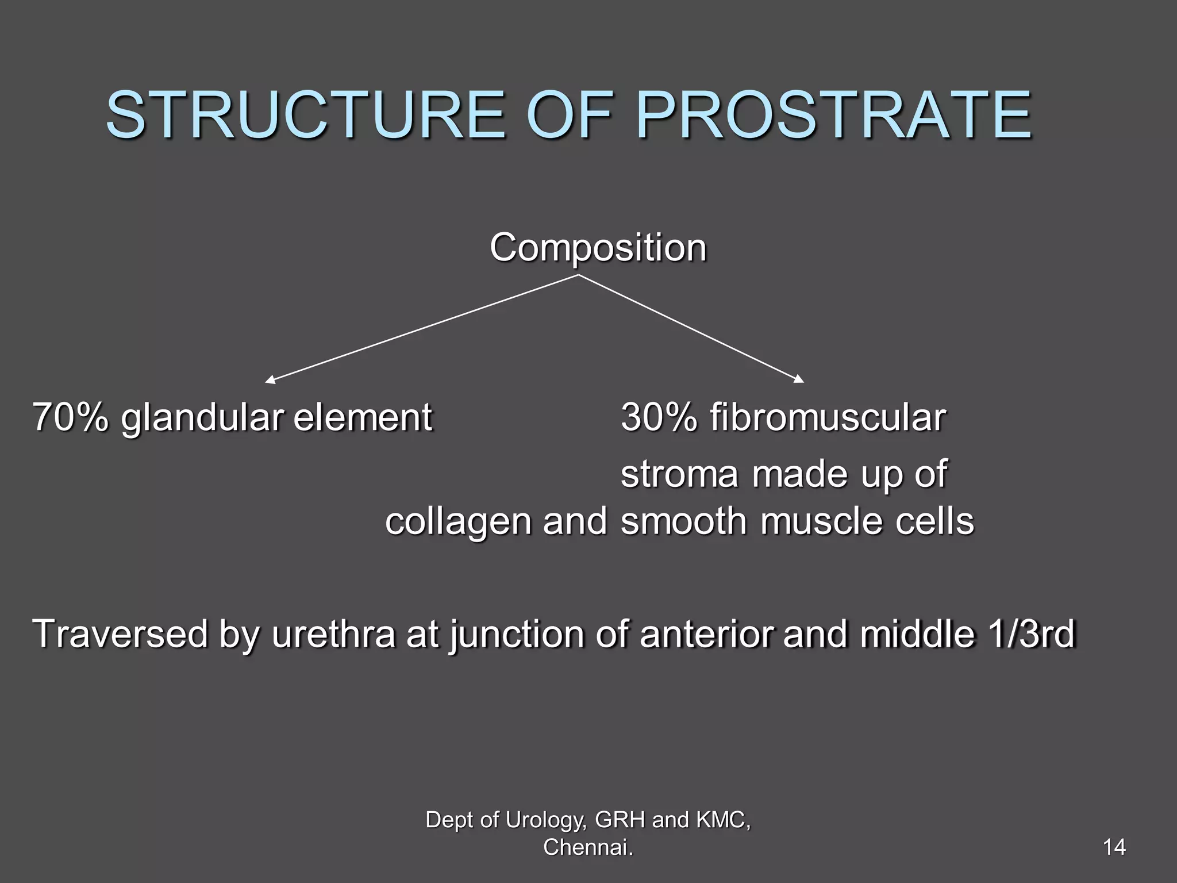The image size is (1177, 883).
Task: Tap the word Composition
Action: point(598,248)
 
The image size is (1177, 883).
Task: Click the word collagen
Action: point(458,522)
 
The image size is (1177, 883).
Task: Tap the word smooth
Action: point(683,521)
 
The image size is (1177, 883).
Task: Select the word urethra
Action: point(333,634)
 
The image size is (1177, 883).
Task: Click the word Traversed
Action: point(120,634)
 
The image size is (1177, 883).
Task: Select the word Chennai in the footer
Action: point(586,847)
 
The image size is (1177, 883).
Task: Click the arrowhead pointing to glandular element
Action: point(269,380)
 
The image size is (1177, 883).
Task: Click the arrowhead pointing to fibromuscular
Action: point(799,379)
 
